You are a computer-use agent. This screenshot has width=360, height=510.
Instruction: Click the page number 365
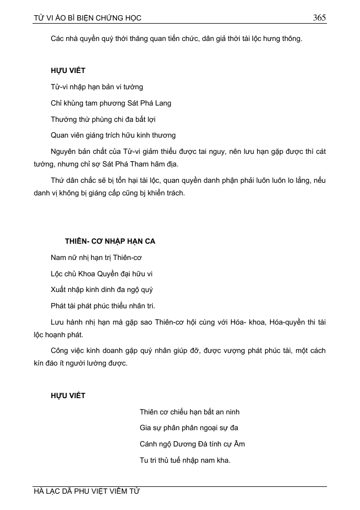319,18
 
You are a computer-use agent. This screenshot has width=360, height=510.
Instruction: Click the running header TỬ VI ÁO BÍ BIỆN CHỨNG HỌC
87,18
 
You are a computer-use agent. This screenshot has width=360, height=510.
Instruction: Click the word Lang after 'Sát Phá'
163,103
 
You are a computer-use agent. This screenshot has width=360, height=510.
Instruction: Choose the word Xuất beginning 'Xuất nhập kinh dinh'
59,289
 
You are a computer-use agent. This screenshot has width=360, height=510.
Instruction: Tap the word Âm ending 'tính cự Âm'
239,444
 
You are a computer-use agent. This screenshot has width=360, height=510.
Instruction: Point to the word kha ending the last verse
224,460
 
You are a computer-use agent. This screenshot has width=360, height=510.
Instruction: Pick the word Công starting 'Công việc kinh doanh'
61,350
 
